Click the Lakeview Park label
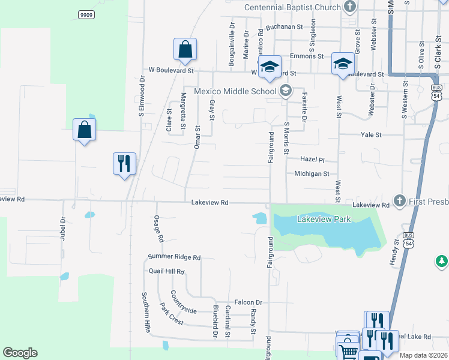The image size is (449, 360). point(324,220)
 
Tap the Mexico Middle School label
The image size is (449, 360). point(235,91)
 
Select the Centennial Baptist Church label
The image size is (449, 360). point(292,8)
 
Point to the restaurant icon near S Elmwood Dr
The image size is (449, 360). point(125,163)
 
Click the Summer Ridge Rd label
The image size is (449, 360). point(174,257)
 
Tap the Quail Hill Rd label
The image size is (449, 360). point(167,271)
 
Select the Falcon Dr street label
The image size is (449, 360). point(250,303)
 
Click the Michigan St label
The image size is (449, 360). point(312,174)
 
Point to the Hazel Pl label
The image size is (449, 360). point(312,160)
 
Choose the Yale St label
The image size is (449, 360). point(370,135)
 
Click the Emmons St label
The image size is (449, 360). point(306,56)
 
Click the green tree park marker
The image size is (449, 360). point(442,262)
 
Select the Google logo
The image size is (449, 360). point(20,353)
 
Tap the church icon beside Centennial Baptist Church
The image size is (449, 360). point(351,8)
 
